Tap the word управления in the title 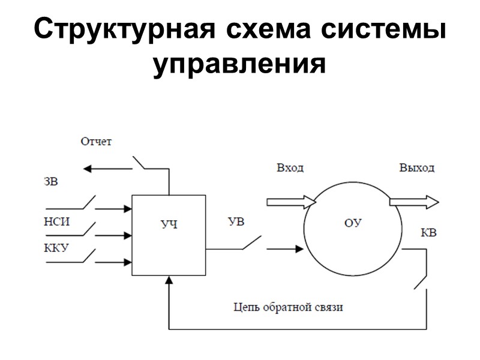click(x=239, y=64)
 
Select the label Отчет click(x=97, y=142)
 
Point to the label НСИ click(x=57, y=221)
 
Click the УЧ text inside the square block click(x=170, y=225)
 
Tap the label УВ click(x=236, y=222)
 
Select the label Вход click(x=290, y=167)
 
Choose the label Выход click(x=417, y=167)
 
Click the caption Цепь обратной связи click(x=289, y=308)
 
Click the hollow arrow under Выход click(x=414, y=202)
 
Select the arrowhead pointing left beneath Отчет click(x=88, y=169)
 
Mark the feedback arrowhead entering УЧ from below click(x=170, y=280)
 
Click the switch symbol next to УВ click(x=251, y=242)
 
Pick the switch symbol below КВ click(x=422, y=280)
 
